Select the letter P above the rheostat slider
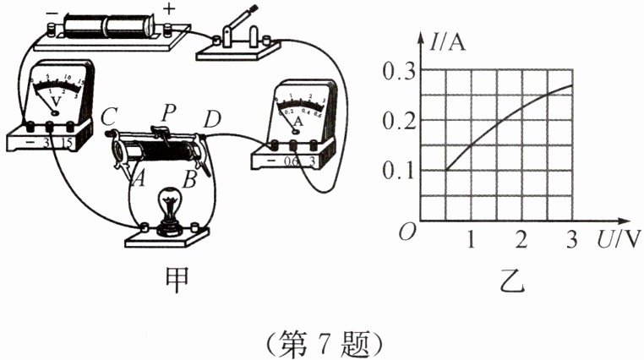(169, 110)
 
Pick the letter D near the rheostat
(212, 120)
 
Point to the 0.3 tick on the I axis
(398, 72)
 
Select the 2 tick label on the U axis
(521, 240)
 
